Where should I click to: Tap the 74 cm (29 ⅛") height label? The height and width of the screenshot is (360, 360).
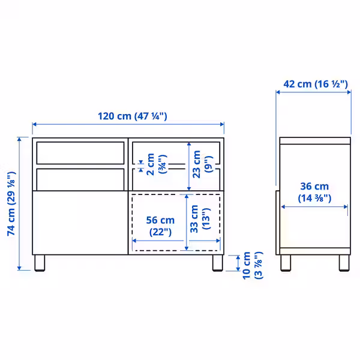coord(10,204)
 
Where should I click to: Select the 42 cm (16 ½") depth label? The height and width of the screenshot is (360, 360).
coord(315,84)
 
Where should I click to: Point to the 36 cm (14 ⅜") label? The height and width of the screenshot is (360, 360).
coord(314,191)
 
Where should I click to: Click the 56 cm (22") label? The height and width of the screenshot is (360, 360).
coord(160,226)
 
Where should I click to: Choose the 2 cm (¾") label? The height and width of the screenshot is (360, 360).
coord(155,163)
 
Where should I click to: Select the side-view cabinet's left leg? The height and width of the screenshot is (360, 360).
coord(287,262)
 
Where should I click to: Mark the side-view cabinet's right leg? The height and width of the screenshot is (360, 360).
coord(344,262)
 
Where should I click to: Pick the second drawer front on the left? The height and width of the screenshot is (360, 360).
coord(79,178)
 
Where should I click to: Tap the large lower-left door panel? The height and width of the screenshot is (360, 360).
coord(79,222)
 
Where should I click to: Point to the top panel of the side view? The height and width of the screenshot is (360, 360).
coord(315,141)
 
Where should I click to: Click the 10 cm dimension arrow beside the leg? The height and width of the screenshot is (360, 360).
coord(239,262)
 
